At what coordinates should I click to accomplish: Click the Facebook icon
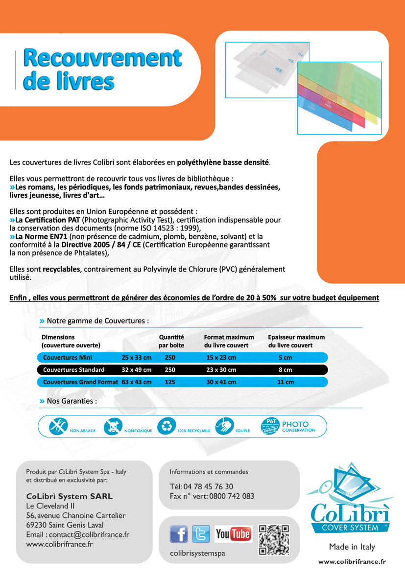pos(179,534)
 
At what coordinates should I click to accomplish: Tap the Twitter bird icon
pos(201,534)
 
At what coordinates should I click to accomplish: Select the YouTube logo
pos(234,534)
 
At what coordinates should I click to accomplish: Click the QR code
pos(274,539)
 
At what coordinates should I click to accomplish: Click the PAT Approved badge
pos(271,426)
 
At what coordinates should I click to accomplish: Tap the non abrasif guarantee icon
pos(59,426)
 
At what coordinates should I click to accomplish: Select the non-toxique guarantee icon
pos(113,426)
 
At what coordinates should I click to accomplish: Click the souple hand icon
pos(224,426)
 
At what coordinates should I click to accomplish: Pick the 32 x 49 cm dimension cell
pos(137,370)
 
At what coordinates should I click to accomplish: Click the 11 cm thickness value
pos(286,382)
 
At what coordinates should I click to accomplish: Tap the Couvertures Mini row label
pos(68,358)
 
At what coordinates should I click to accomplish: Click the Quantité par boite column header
pos(171,341)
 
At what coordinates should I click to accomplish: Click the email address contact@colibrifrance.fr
pos(77,535)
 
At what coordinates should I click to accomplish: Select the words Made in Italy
pos(352,547)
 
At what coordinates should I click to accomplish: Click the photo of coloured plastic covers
pos(339,98)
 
